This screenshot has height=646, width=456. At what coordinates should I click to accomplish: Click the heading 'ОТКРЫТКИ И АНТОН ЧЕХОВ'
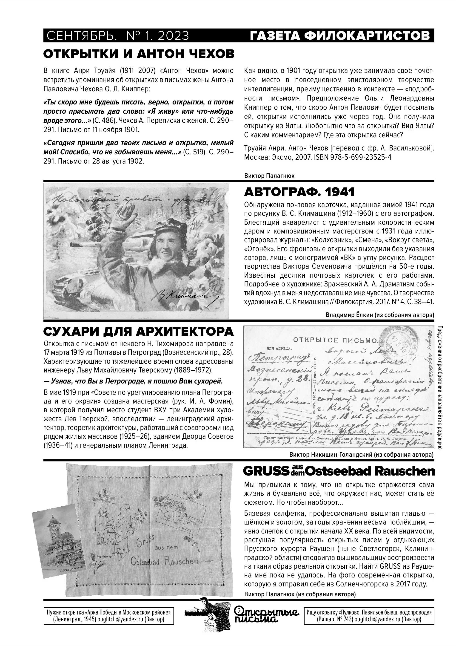[139, 54]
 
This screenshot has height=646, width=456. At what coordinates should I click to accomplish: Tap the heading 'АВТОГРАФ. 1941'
[299, 192]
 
